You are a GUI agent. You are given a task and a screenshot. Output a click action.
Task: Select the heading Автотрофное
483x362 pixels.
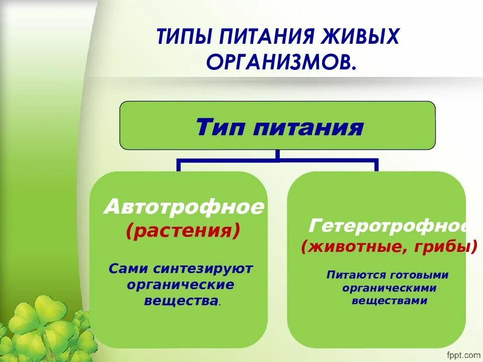point(184,208)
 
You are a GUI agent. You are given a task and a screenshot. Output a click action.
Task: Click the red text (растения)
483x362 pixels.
point(183,231)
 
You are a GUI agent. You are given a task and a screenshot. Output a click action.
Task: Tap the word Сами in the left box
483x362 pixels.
point(128,268)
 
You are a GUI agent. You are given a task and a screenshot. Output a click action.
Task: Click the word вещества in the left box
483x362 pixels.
point(181,301)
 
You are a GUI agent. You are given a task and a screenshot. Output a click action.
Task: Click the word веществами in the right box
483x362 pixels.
point(389,301)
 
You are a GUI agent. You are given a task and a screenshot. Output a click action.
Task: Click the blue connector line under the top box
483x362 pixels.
point(277,161)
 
